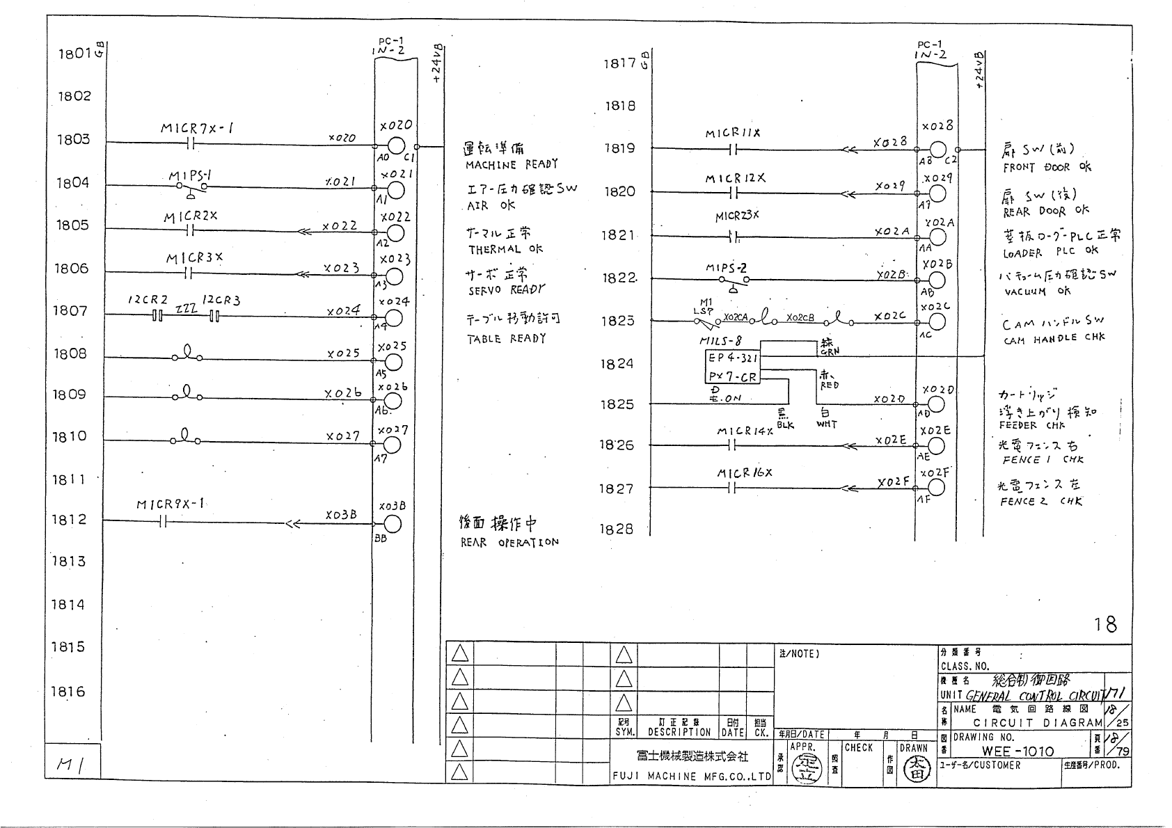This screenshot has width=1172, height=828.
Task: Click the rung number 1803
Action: (x=74, y=140)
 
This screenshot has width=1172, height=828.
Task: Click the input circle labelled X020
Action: (x=396, y=146)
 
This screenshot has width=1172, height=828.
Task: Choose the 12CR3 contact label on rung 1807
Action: (x=221, y=301)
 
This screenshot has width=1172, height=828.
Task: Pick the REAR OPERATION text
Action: (x=509, y=542)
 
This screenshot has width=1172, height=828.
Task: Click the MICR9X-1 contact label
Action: (x=170, y=504)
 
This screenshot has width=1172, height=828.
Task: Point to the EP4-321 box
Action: (x=732, y=358)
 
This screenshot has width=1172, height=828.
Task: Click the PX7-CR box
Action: (x=732, y=377)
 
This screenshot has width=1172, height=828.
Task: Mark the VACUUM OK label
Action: (x=1037, y=292)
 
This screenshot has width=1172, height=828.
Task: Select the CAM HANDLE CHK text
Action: (x=1054, y=339)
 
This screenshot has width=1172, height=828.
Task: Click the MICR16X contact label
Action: (x=745, y=473)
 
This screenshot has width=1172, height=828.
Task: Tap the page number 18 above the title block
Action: (x=1105, y=624)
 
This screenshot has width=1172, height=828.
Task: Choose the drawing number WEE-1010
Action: (x=1017, y=751)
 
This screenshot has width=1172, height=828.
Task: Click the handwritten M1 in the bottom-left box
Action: (x=70, y=765)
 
